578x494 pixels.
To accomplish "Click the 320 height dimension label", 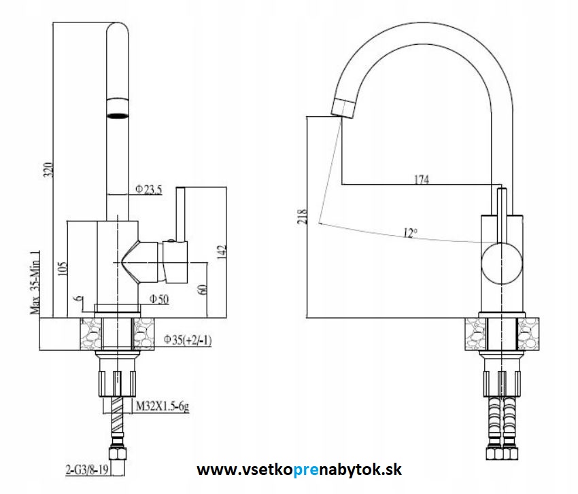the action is click(48, 170).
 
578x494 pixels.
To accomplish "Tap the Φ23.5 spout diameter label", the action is click(148, 190).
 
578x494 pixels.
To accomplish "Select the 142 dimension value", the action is click(221, 252).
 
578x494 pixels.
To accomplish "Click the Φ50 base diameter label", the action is click(159, 299).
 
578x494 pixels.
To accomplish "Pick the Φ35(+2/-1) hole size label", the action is click(188, 339).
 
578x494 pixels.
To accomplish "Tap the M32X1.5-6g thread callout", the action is click(163, 406).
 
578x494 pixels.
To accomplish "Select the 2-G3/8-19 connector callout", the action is click(87, 470).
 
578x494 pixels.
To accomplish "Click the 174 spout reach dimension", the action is click(422, 179).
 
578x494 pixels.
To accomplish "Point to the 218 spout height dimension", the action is click(302, 217).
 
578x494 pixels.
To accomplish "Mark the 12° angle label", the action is click(410, 233).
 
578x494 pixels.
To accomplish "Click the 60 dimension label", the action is click(203, 289).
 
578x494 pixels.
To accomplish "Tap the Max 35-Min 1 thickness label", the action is click(35, 283).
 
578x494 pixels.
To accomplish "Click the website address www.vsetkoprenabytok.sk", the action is click(299, 470).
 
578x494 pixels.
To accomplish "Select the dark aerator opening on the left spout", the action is click(118, 116).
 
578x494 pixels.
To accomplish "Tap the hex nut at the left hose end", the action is click(117, 453).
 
